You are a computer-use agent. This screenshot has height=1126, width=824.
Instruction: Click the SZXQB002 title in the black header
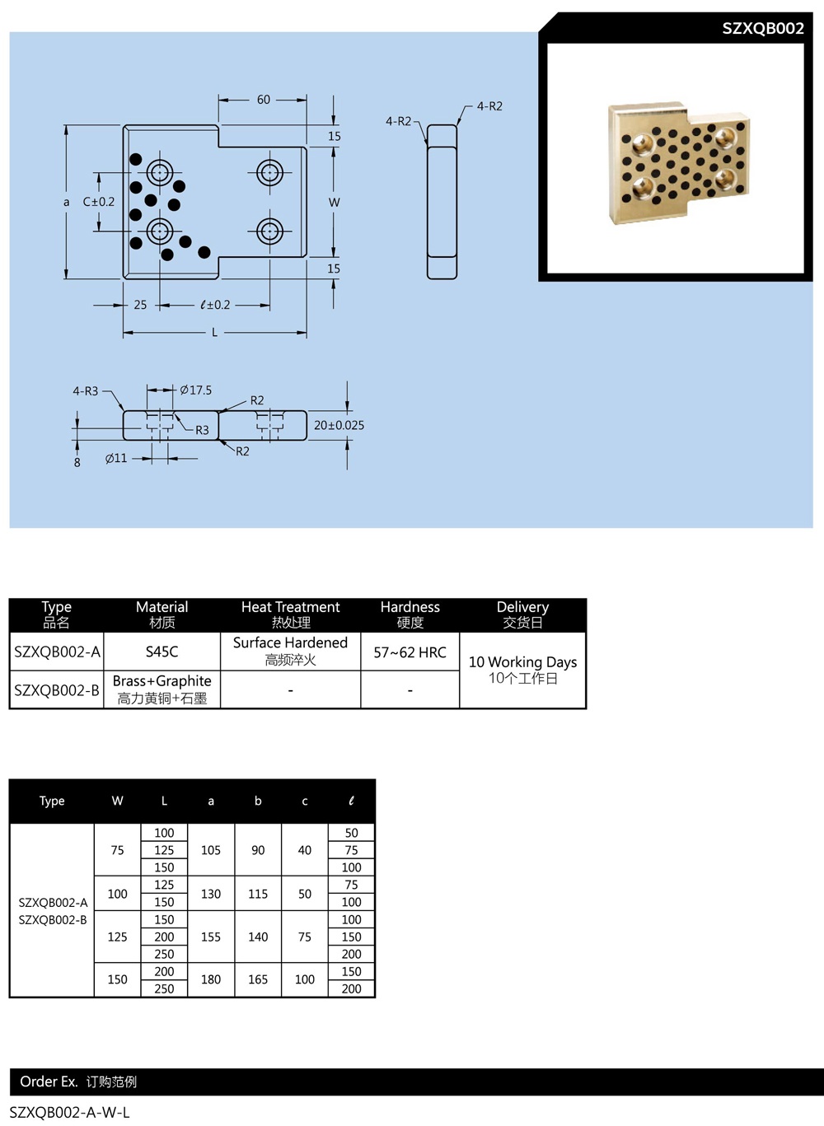coord(762,28)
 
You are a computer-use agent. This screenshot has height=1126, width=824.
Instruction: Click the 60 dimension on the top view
coord(264,100)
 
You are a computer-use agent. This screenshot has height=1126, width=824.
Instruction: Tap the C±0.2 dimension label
coord(99,202)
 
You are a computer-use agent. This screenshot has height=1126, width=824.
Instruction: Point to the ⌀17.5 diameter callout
coord(196,390)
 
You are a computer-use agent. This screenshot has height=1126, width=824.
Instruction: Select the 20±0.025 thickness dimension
coord(339,425)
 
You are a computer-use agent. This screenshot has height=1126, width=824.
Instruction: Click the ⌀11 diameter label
coord(116,458)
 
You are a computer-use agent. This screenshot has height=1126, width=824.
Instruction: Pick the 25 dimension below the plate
coord(140,305)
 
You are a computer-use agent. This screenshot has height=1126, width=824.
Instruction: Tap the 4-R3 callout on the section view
coord(85,391)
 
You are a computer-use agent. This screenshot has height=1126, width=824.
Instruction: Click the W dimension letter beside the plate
coord(334,202)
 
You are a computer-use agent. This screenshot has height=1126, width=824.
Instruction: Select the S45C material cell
coord(162,652)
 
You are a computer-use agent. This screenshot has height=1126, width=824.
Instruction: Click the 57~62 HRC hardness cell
coord(410,652)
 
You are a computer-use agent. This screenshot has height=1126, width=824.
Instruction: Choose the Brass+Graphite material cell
coord(162,689)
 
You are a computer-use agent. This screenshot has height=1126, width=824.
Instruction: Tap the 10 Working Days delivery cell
coord(522,670)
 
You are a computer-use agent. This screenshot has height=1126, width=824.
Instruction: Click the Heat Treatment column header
coord(290,614)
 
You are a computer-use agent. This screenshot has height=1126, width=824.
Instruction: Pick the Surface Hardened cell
coord(290,651)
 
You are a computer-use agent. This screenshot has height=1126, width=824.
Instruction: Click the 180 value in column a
coord(211,979)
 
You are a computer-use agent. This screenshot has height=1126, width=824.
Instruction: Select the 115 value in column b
coord(258,894)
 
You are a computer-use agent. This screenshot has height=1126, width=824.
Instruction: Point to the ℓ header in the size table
coord(351,801)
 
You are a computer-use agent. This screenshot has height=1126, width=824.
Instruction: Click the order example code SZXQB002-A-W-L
coord(70,1112)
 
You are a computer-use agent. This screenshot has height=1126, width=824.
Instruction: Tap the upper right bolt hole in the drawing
coord(269,173)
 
